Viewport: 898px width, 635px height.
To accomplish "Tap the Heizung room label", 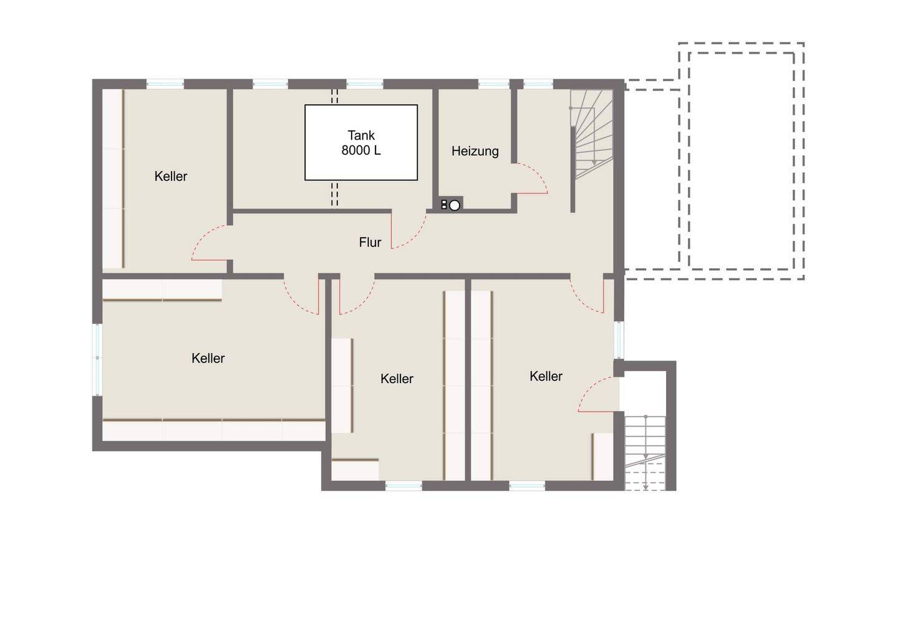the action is click(475, 151).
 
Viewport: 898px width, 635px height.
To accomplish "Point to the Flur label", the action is click(370, 242).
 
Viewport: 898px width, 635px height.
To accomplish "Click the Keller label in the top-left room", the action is click(171, 176).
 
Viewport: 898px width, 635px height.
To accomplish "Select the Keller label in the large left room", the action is click(208, 358).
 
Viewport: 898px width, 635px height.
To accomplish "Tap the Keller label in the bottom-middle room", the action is click(397, 379).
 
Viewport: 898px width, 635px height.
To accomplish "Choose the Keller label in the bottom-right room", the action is click(546, 376).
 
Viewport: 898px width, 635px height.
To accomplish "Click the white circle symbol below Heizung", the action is click(454, 205).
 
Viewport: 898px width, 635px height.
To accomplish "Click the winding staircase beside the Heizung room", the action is click(592, 134).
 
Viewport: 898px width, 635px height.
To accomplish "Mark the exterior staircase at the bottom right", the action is click(645, 453).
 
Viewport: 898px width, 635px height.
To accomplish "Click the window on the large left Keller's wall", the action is click(97, 359).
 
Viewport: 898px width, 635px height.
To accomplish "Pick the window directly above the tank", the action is click(364, 84).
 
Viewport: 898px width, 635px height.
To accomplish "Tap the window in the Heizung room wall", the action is click(493, 84).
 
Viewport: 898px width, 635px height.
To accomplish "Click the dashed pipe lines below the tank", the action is click(335, 195).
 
